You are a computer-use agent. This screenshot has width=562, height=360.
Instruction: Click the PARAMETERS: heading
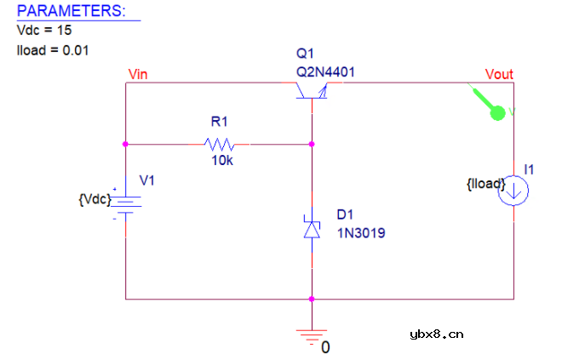[71, 12]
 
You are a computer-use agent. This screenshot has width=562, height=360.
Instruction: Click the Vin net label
[137, 74]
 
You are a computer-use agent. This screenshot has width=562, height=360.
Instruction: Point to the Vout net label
[499, 74]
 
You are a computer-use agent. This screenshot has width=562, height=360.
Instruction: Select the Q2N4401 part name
[325, 72]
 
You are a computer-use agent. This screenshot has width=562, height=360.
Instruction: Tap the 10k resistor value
[221, 161]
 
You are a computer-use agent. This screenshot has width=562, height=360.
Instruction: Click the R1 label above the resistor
[220, 122]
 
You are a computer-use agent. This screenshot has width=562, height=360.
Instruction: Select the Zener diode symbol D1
[313, 229]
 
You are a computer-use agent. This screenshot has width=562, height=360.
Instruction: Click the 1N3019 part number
[361, 231]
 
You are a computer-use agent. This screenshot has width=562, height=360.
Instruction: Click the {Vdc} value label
[94, 199]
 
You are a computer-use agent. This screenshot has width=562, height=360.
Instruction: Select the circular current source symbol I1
[514, 191]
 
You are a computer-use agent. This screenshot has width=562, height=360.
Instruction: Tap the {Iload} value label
[486, 183]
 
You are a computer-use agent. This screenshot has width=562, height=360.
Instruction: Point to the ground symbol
[313, 334]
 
